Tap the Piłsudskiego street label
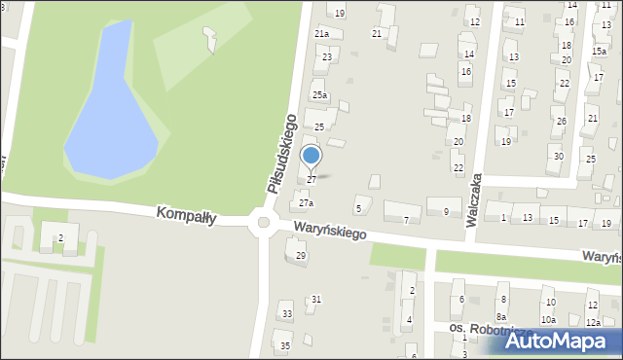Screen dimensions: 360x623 click(x=280, y=153)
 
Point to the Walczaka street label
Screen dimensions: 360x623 click(x=476, y=200)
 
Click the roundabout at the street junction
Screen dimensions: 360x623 click(x=261, y=224)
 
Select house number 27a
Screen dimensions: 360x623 click(x=306, y=203)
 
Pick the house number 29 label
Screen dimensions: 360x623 click(x=301, y=256)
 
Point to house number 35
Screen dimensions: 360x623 click(x=285, y=346)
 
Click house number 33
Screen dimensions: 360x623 click(x=286, y=314)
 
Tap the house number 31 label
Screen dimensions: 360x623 click(x=315, y=300)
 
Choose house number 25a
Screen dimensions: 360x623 click(x=319, y=95)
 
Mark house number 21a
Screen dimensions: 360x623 click(x=321, y=34)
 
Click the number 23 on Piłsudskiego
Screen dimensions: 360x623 click(x=327, y=57)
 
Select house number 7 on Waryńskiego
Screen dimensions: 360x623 click(x=406, y=220)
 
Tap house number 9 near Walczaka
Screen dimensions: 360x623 click(x=446, y=211)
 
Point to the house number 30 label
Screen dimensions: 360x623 click(x=557, y=157)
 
